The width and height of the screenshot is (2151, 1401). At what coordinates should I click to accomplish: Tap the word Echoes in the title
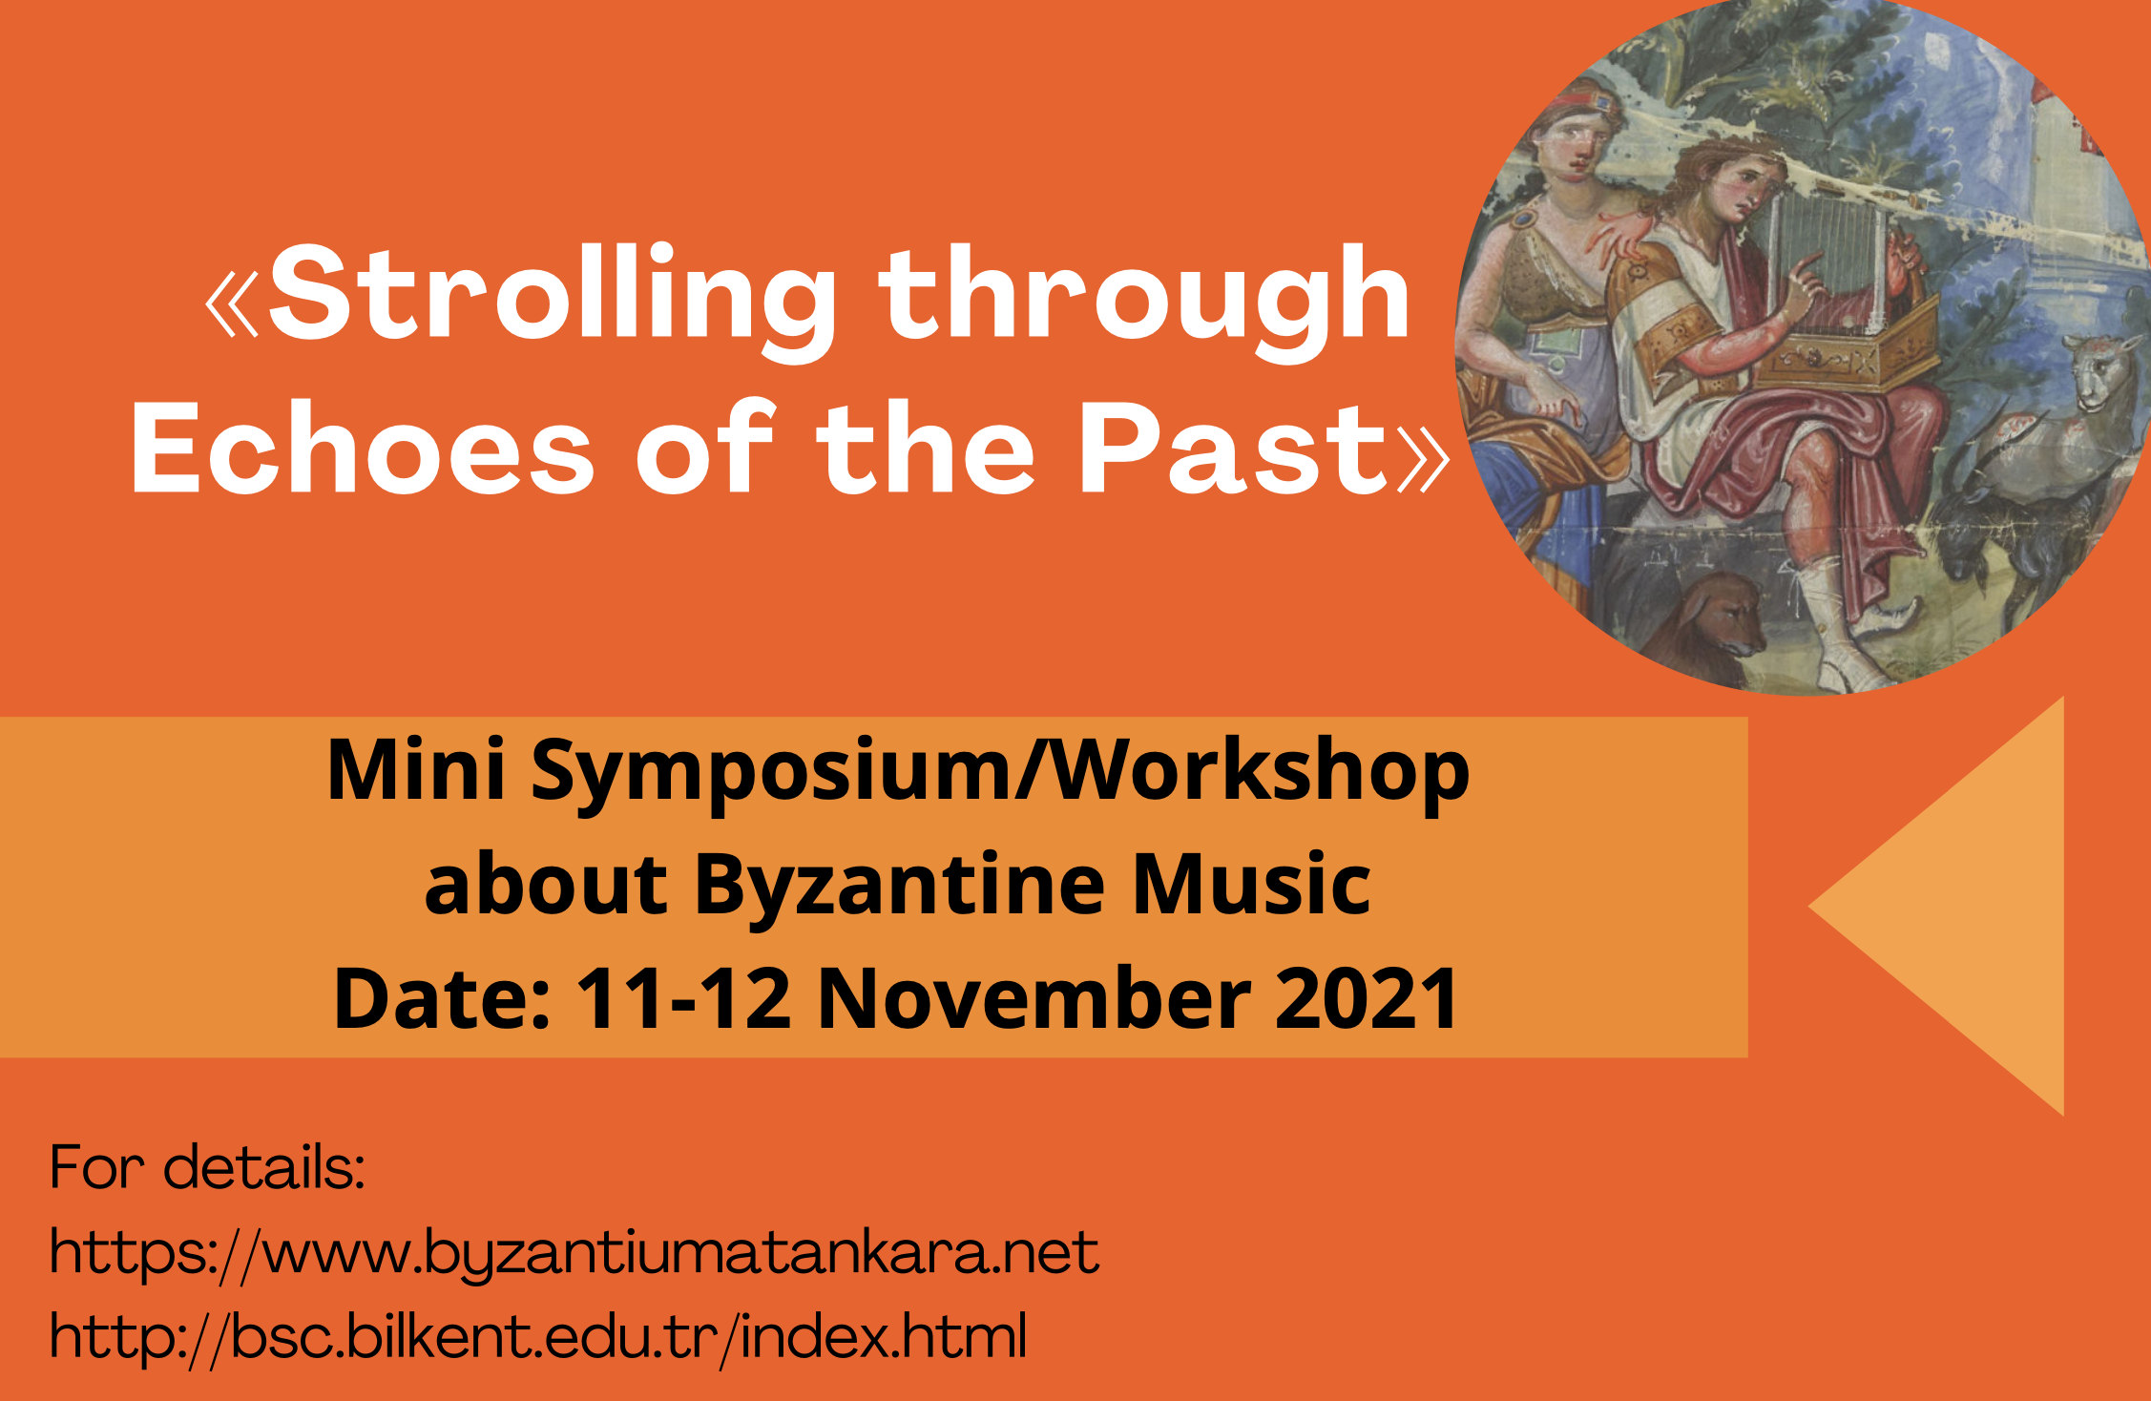(362, 449)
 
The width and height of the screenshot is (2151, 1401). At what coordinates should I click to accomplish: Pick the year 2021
(1366, 998)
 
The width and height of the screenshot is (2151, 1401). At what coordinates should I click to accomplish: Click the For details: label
(207, 1168)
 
